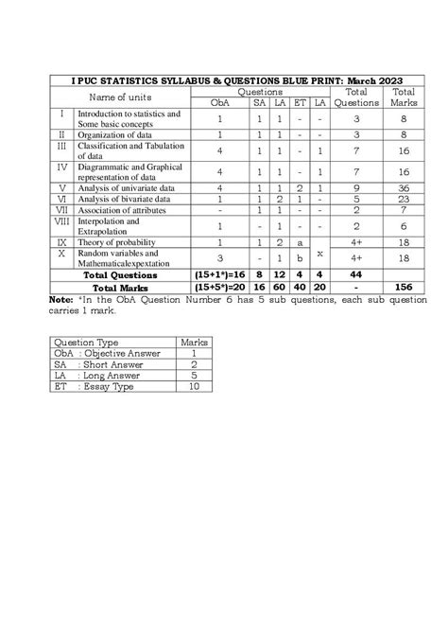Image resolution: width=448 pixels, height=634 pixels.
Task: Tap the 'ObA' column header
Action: pos(219,102)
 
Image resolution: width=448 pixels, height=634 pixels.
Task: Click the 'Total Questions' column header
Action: pos(356,97)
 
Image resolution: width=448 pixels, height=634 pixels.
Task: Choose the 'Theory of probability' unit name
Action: pos(113,243)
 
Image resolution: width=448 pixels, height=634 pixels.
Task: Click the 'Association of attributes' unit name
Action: pos(118,210)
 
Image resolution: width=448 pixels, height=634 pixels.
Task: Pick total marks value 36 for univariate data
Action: pos(403,188)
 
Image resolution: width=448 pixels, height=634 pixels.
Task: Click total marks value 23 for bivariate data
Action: pos(403,200)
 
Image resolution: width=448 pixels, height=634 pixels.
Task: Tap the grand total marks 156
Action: pos(403,288)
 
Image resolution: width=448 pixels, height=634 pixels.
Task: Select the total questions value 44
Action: pos(356,275)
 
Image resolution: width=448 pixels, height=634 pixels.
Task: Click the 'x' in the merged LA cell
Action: pos(320,253)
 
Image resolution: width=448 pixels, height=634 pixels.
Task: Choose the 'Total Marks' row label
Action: pos(118,288)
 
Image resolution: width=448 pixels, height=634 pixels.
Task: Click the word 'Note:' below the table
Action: pos(60,299)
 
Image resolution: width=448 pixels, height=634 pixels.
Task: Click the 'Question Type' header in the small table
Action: pos(87,342)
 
